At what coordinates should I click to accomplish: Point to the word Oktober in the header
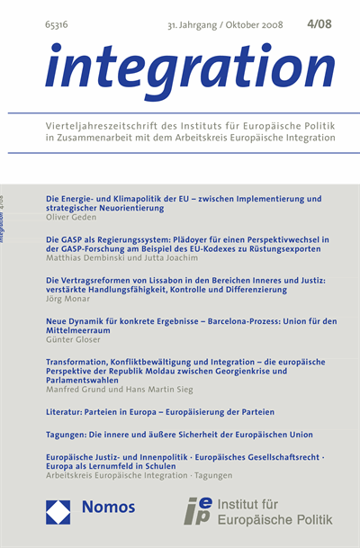tap(233, 25)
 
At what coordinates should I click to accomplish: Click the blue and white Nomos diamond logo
tap(58, 511)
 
